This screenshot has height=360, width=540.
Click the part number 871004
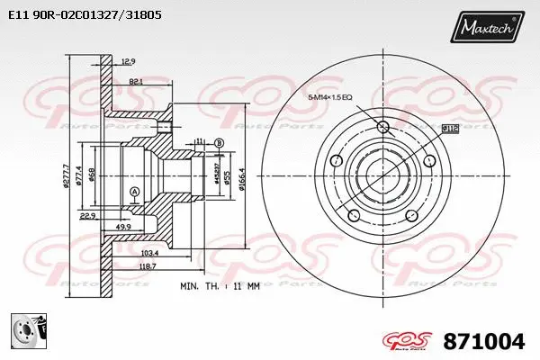483,341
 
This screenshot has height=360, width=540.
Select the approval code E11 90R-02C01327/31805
86,15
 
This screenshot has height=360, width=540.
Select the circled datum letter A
135,192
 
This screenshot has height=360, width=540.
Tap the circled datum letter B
219,142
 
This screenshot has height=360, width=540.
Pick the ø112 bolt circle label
450,129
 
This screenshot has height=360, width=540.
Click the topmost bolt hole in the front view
381,125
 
